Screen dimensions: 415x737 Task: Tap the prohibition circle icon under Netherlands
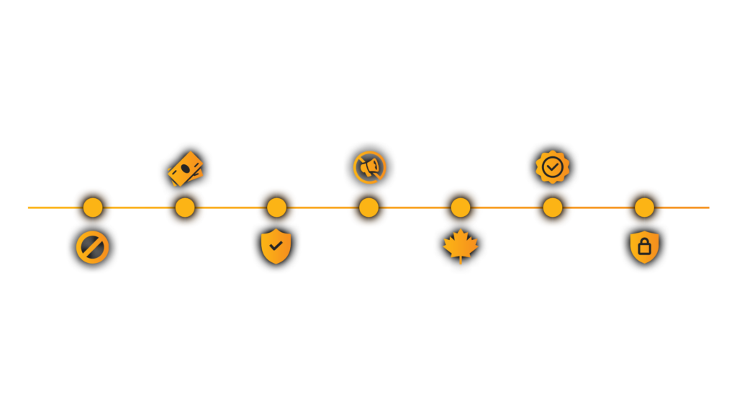tap(92, 249)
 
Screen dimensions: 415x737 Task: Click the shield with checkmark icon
tap(276, 247)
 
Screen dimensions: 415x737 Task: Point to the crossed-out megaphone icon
tap(369, 167)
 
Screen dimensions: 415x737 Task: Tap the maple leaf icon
tap(461, 247)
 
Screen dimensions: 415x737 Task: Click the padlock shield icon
tap(644, 247)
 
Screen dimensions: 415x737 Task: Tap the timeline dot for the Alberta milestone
tap(461, 207)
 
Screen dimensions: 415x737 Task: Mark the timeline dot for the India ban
tap(185, 207)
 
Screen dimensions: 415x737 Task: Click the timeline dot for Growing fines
tap(644, 207)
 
